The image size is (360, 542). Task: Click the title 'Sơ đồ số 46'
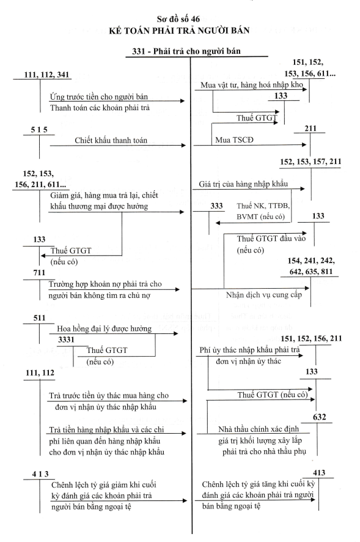point(178,19)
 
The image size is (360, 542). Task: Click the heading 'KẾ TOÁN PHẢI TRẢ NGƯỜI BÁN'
point(179,31)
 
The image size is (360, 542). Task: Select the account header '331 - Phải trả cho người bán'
point(186,51)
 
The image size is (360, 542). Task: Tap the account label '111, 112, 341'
point(46,75)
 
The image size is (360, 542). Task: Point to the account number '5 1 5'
point(39,130)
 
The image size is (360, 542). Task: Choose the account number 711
point(39,272)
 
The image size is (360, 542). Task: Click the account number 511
point(39,317)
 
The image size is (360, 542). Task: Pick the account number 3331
point(66,340)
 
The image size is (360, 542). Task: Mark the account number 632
point(319,417)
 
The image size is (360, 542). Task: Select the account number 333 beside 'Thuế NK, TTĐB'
point(216,206)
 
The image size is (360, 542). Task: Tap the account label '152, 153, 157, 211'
point(310,161)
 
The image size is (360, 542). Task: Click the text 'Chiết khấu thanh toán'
point(111,140)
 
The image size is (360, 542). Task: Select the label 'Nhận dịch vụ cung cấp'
point(264,295)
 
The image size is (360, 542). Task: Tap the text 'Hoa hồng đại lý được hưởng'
point(105,329)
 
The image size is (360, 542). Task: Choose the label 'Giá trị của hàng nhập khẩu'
point(243,184)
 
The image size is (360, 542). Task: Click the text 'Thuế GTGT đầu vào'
point(271,239)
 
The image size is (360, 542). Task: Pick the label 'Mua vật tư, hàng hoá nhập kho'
point(252,85)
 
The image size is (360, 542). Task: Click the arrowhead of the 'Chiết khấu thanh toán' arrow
point(184,146)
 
